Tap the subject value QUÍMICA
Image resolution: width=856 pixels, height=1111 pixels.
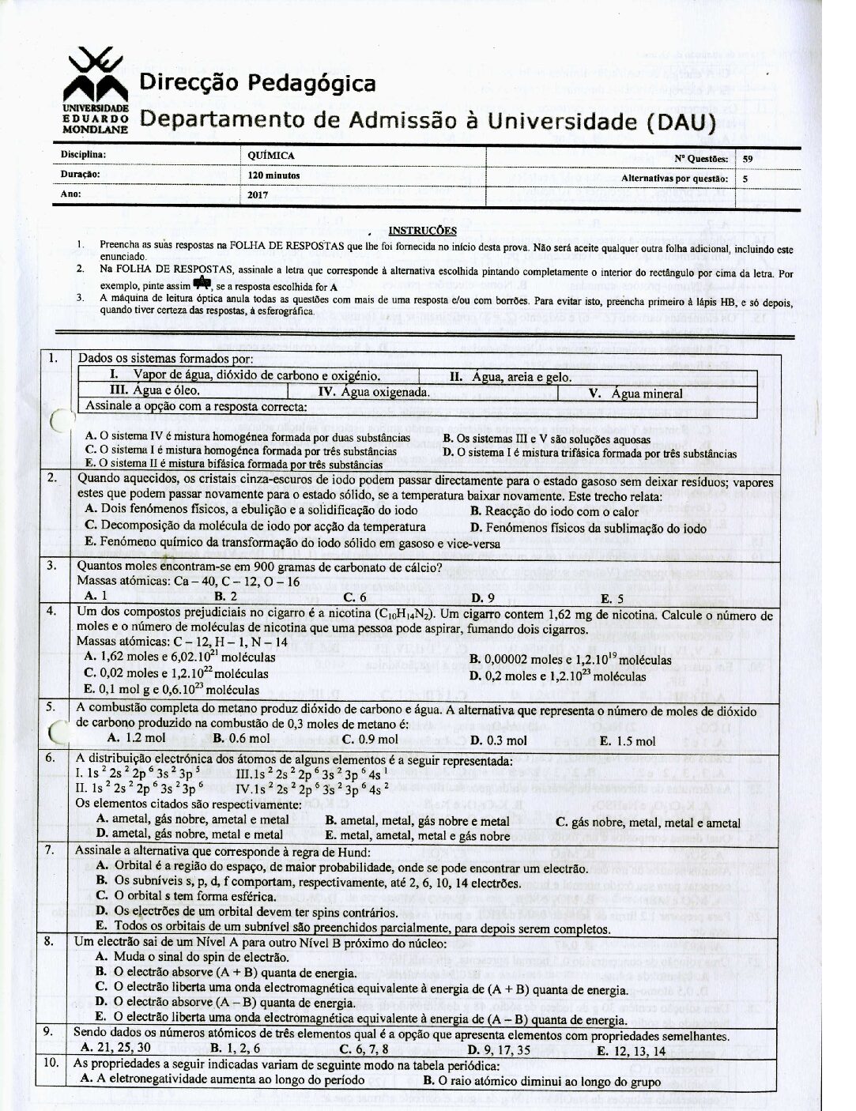tap(271, 156)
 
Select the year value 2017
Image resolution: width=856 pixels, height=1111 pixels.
tap(258, 193)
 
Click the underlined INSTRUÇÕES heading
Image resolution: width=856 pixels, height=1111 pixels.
tap(423, 231)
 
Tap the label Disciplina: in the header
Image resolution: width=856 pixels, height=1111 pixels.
tap(83, 156)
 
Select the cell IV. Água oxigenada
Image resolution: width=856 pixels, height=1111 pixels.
tap(373, 392)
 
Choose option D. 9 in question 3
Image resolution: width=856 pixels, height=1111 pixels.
tap(482, 597)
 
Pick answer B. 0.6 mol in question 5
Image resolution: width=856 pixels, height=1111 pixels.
tap(241, 739)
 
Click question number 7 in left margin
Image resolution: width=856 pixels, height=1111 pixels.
tap(49, 850)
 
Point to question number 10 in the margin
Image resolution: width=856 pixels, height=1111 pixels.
tap(51, 1064)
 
